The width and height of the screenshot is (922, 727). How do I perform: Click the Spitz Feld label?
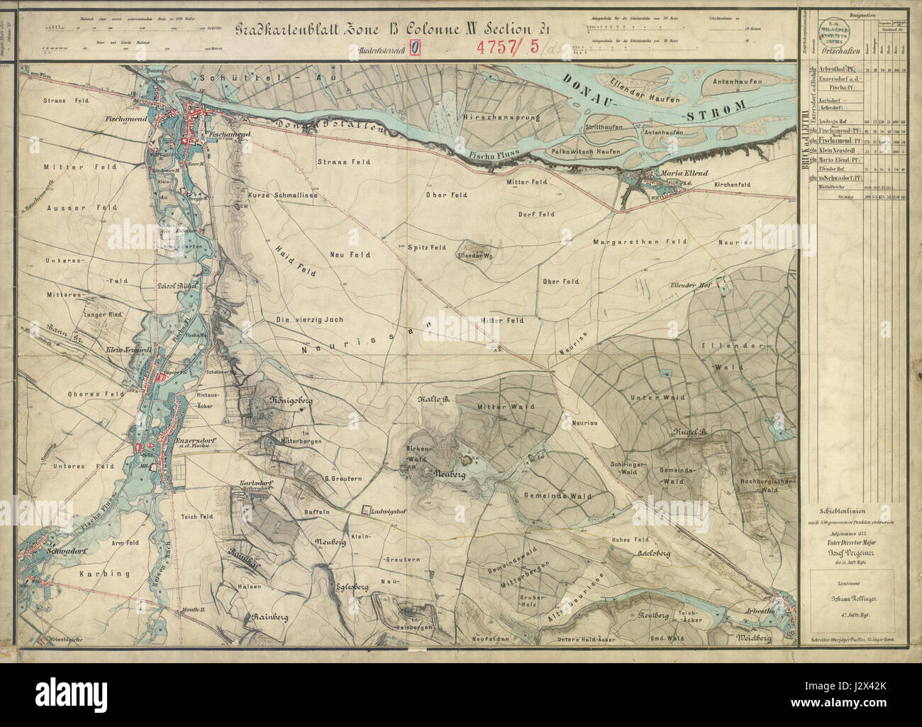tap(426, 248)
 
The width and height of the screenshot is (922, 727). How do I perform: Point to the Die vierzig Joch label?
tap(309, 320)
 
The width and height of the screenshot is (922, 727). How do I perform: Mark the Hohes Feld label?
tap(631, 540)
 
